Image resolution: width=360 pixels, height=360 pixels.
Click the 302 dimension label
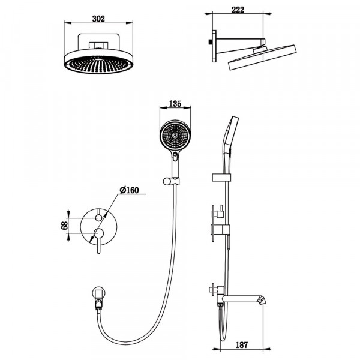pyautogui.click(x=99, y=19)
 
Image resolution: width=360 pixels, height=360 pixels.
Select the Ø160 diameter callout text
pyautogui.click(x=129, y=190)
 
